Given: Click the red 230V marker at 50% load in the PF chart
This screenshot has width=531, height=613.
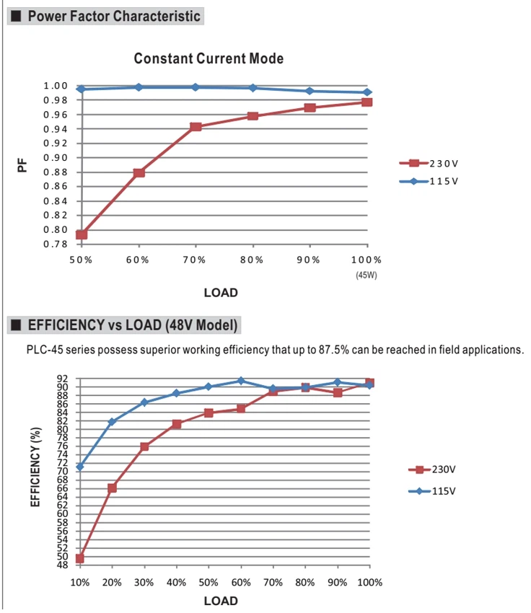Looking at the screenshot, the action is (82, 234).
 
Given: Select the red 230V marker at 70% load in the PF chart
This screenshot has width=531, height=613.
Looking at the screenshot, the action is (196, 127).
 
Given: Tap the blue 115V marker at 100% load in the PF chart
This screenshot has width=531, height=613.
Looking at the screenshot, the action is (367, 92).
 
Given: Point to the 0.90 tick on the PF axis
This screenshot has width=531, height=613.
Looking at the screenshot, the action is (56, 157).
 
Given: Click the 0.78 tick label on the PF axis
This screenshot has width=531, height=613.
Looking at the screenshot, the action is (56, 244).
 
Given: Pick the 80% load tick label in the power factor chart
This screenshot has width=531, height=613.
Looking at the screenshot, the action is (251, 260).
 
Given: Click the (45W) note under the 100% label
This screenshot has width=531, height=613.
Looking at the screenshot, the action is (367, 275).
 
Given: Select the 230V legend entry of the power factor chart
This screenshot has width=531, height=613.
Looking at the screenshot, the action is (429, 164).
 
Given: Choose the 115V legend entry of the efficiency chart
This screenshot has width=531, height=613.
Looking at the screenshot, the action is (432, 491).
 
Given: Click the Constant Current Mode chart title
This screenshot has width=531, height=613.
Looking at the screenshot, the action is (209, 58).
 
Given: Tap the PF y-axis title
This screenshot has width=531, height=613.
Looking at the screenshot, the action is (22, 165).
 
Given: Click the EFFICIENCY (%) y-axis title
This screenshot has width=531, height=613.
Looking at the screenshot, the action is (35, 467).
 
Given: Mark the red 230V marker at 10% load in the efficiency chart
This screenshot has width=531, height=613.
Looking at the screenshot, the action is (80, 559).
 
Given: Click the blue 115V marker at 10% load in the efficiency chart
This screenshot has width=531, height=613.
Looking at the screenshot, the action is (80, 467).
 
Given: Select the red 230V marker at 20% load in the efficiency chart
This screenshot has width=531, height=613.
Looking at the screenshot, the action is (112, 488).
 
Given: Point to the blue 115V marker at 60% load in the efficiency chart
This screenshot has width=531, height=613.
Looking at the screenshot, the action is (241, 381).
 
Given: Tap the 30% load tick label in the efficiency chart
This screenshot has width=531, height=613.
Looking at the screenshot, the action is (144, 583).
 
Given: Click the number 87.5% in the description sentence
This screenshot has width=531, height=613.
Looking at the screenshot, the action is (333, 350).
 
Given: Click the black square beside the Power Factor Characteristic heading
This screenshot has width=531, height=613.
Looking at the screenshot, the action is (16, 16).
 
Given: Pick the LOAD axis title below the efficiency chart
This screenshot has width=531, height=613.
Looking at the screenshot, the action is (221, 601).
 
